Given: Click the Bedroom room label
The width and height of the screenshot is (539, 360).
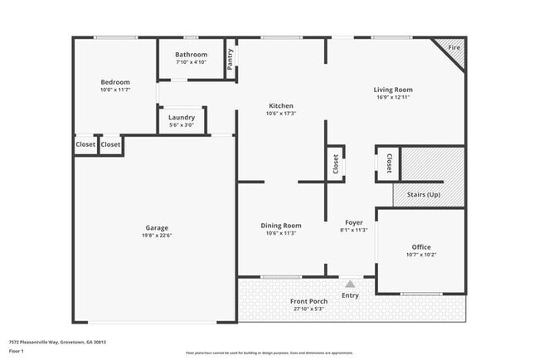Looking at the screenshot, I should pyautogui.click(x=115, y=82).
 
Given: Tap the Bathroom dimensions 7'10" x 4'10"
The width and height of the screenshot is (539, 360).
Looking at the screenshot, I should pyautogui.click(x=191, y=62).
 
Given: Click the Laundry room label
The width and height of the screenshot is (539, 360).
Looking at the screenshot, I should pyautogui.click(x=182, y=118).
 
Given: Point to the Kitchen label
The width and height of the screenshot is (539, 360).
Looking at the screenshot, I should pyautogui.click(x=281, y=105).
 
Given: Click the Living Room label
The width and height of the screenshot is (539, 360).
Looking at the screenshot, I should pyautogui.click(x=393, y=90).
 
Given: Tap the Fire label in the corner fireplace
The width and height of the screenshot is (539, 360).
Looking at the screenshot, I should pyautogui.click(x=454, y=49).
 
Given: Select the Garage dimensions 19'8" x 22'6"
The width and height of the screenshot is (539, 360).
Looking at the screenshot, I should pyautogui.click(x=157, y=236).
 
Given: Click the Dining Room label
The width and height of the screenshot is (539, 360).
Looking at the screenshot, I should pyautogui.click(x=281, y=226).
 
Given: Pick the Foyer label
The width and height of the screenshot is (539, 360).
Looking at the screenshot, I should pyautogui.click(x=354, y=222).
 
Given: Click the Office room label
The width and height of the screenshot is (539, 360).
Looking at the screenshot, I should pyautogui.click(x=422, y=247).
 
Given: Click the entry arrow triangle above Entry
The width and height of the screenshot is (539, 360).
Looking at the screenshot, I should pyautogui.click(x=350, y=284).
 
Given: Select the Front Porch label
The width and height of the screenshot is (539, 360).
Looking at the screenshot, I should pyautogui.click(x=308, y=301).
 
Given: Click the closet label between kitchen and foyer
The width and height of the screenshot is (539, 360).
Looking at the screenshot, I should pyautogui.click(x=336, y=164).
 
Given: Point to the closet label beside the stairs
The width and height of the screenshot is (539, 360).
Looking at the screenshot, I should pyautogui.click(x=388, y=163).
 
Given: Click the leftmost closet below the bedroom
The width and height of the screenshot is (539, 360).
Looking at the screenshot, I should pyautogui.click(x=85, y=145).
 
